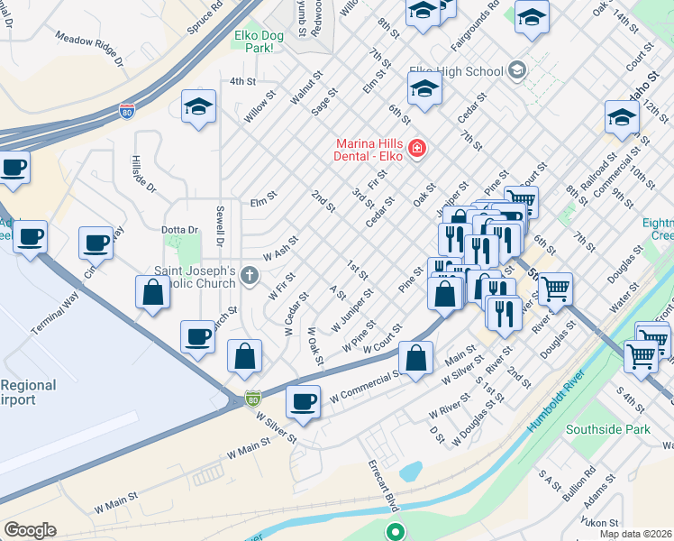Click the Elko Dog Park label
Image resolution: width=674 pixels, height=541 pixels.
coord(253,40)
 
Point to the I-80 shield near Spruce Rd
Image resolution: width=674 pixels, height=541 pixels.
coord(127,112)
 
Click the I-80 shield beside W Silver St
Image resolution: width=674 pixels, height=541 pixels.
coord(255,397)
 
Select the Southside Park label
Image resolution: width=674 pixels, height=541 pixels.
coord(607,430)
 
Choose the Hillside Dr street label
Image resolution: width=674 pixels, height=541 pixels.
coord(143,175)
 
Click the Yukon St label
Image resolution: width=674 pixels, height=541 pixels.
coord(600,522)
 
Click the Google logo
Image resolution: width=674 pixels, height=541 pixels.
coord(30,530)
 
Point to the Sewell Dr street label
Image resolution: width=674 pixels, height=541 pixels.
coord(219,225)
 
